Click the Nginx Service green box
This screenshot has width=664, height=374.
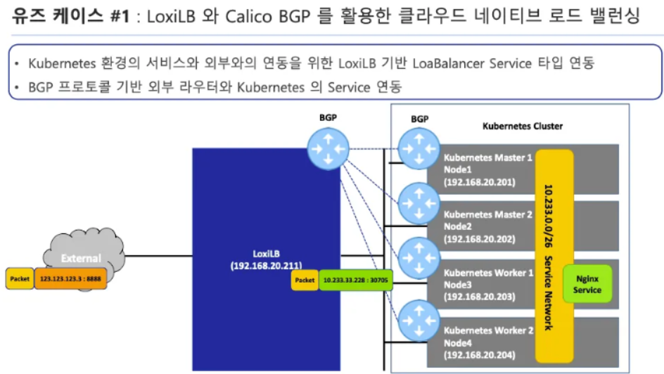(587, 284)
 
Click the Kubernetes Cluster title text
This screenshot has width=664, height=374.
(522, 127)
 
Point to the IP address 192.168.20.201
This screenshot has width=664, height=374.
(480, 181)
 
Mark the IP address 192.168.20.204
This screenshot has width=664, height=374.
(480, 354)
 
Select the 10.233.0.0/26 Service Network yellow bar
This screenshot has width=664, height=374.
(554, 257)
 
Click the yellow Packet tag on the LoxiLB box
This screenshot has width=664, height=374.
(305, 280)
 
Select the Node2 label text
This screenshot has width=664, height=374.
(458, 226)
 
